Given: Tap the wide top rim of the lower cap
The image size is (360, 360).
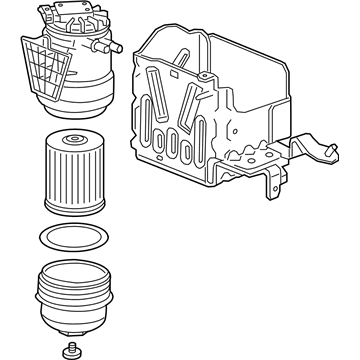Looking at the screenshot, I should pyautogui.click(x=71, y=268).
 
